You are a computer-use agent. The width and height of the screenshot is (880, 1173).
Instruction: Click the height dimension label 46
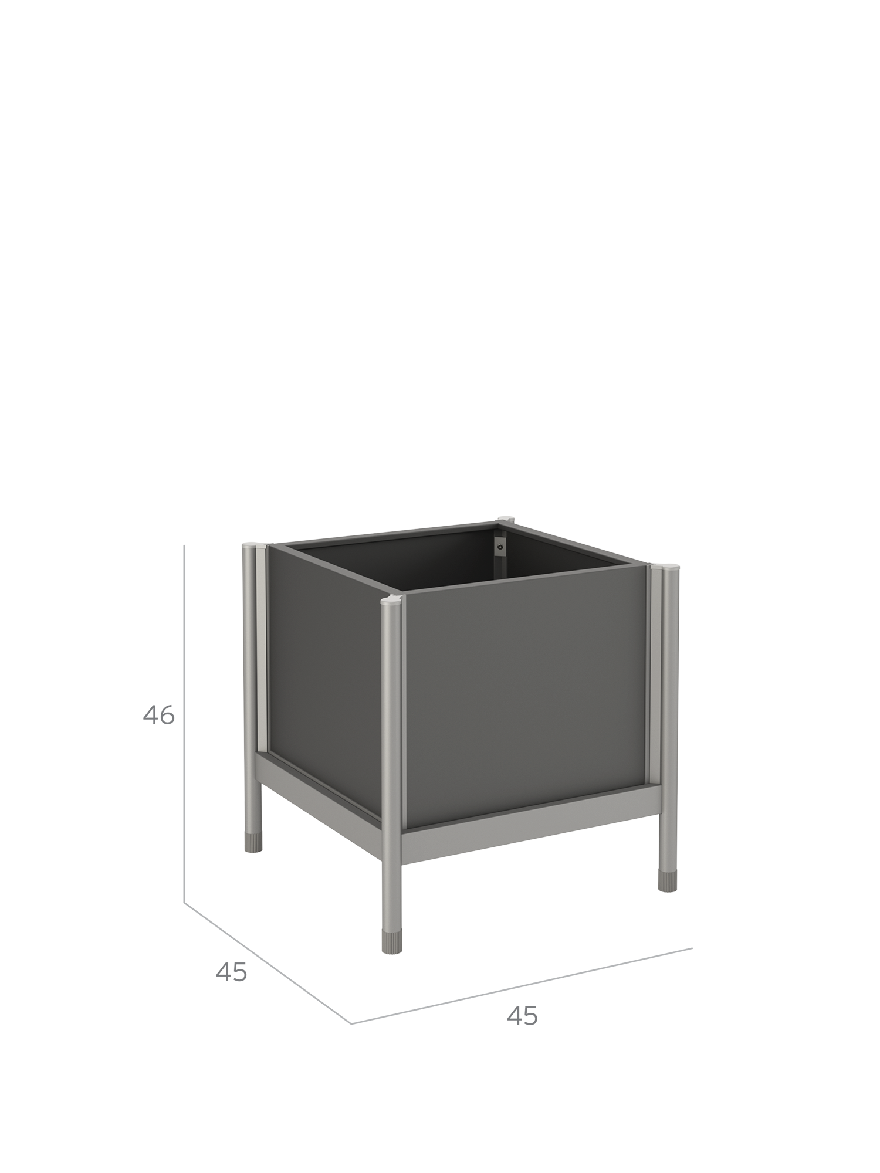[x=159, y=715]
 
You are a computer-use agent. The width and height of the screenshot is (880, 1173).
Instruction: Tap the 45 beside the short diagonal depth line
[x=231, y=972]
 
